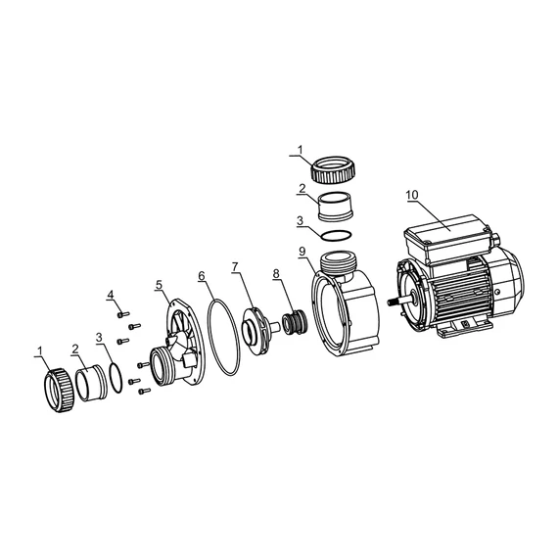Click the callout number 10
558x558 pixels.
(413, 195)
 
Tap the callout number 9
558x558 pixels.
(302, 252)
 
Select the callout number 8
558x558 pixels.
(276, 274)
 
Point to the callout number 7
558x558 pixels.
(235, 267)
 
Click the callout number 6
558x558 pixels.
(202, 275)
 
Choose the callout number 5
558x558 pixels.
(159, 284)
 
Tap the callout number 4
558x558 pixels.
(111, 295)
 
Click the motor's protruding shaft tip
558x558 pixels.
(390, 302)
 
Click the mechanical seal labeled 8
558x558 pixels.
(294, 321)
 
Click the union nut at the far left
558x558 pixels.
(58, 390)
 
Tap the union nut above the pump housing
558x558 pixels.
(334, 168)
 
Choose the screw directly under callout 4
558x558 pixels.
(122, 314)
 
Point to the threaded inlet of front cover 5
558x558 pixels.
(161, 366)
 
